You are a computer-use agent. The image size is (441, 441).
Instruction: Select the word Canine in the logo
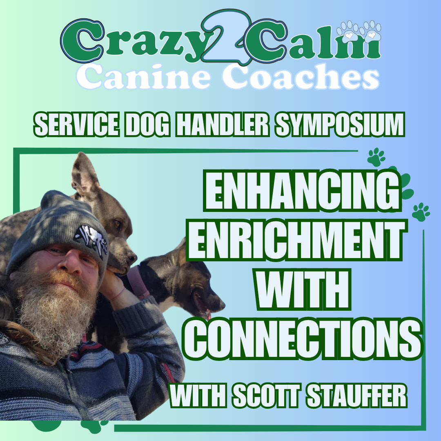(x=143, y=76)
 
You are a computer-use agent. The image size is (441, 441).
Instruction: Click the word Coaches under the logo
(x=301, y=76)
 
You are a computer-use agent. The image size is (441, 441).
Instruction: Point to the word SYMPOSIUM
(x=340, y=125)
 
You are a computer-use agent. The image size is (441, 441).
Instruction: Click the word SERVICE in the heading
(x=76, y=125)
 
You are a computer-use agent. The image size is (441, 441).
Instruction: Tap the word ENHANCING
(x=302, y=190)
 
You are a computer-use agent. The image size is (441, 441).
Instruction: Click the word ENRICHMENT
(x=298, y=240)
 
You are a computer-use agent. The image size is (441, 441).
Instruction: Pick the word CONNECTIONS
(x=303, y=339)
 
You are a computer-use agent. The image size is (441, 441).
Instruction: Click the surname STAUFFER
(x=356, y=396)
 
